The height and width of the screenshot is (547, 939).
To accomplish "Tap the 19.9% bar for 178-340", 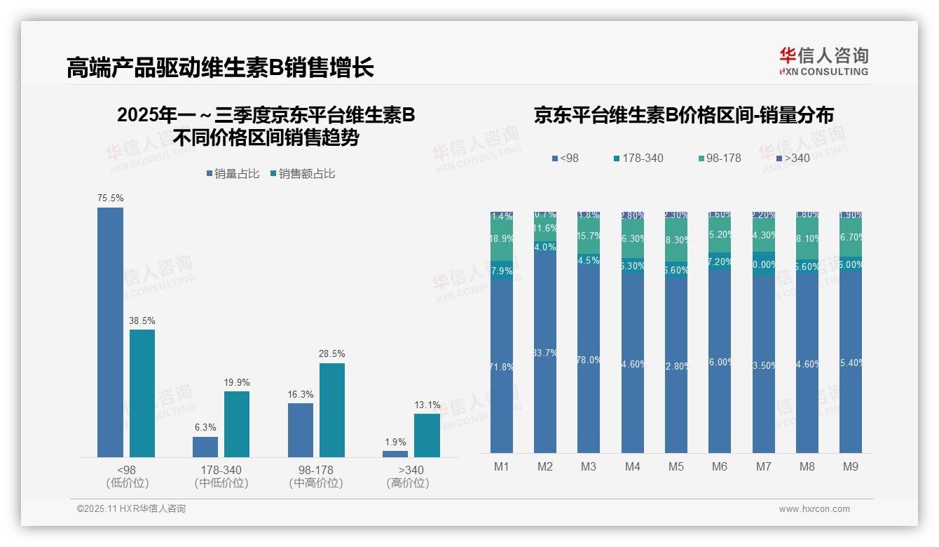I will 237,424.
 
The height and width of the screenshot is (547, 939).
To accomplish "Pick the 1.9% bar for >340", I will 395,454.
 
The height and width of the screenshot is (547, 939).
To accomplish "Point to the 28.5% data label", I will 331,353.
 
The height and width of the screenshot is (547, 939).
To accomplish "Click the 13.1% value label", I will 427,405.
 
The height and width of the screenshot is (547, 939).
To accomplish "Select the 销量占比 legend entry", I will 233,174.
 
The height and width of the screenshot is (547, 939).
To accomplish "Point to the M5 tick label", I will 676,467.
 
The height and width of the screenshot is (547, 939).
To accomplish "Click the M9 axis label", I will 850,467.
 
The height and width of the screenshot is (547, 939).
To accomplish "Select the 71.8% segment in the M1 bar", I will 502,366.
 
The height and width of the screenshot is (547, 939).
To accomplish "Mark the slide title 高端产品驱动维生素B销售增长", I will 221,68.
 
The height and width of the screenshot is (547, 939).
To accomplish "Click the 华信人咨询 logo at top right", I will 823,60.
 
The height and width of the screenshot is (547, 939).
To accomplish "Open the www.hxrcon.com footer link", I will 814,509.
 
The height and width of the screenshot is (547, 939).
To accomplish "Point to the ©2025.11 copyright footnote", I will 131,509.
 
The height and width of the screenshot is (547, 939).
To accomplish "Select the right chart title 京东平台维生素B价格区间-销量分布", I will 683,116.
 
